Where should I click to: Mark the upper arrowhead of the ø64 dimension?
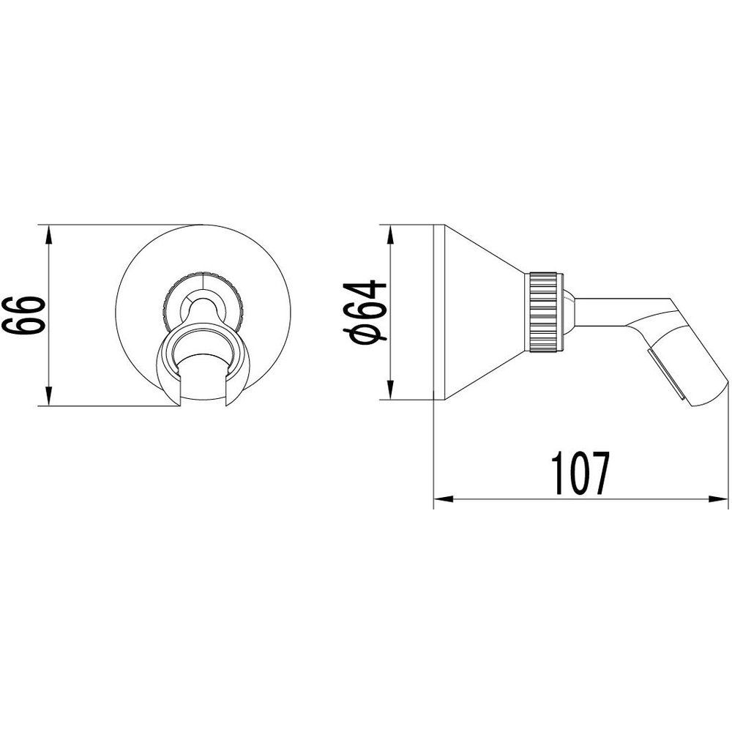click(390, 235)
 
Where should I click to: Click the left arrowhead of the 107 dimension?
click(444, 499)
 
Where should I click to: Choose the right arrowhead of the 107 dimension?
click(719, 499)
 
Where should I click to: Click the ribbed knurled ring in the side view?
click(544, 312)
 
